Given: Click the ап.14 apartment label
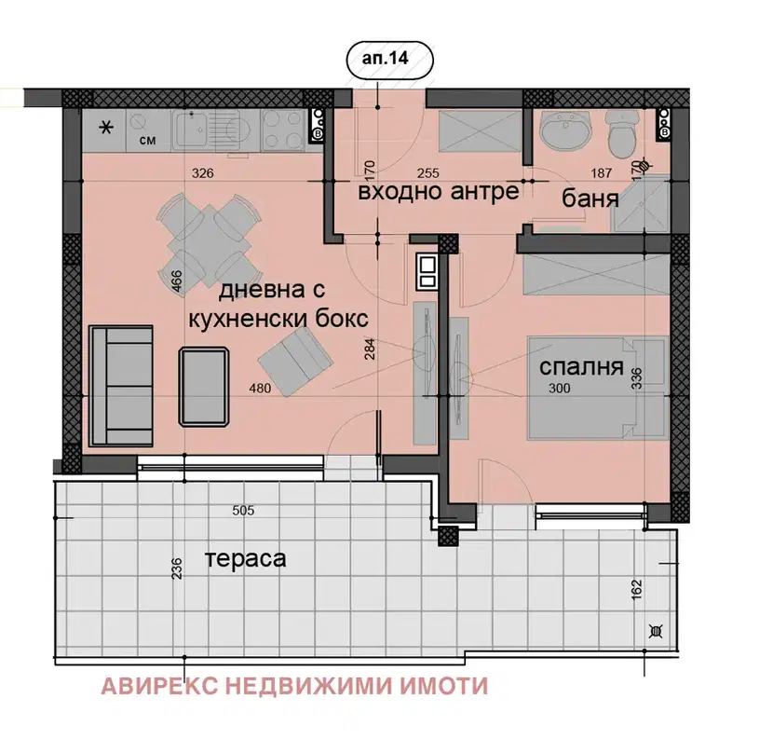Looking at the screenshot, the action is coord(385,58).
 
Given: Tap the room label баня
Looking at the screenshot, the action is coord(590,199).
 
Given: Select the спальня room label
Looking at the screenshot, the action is coord(581,367).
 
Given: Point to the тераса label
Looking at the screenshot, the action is coord(245,559).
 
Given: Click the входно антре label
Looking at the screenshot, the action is coord(439,191).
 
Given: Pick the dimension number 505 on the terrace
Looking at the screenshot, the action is coord(243,510).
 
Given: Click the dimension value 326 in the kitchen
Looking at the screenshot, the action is coord(203,173).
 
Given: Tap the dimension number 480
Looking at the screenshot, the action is coord(260,389).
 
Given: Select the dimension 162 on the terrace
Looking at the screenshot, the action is coord(637,590).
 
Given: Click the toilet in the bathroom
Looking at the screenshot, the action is coord(622,131).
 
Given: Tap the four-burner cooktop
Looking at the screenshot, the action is coord(283,130).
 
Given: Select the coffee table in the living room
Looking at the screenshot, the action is coord(204,387).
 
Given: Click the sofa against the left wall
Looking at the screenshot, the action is coord(120,387).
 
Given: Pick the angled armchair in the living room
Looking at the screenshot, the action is coord(295,363).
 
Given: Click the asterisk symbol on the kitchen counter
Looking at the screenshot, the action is coord(105,129).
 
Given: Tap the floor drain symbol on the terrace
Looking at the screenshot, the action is coord(657,631).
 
